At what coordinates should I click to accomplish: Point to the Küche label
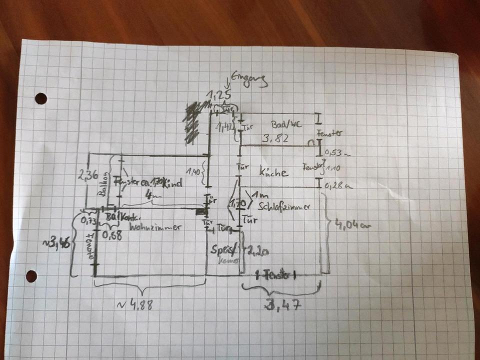(274, 172)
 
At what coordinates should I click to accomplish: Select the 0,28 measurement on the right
(334, 186)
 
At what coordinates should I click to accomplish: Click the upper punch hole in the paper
(41, 98)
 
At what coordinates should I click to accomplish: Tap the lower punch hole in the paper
(31, 276)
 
